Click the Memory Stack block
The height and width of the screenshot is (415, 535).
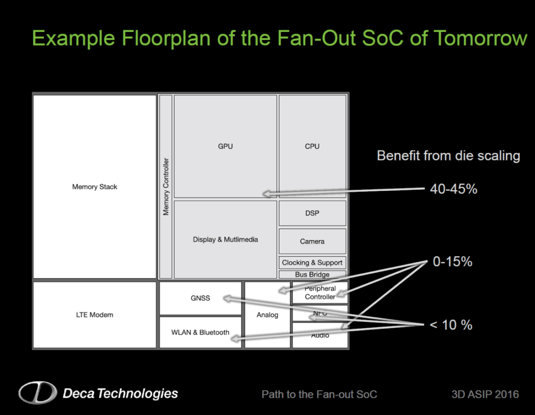[95, 187]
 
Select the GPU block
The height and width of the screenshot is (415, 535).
[225, 146]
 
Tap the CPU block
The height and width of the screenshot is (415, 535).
[312, 146]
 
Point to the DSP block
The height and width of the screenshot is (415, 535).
[312, 213]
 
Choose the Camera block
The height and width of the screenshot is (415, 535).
[312, 241]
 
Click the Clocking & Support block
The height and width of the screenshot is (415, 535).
[312, 262]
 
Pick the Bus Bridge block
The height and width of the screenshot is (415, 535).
[312, 274]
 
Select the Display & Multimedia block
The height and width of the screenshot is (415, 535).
[225, 239]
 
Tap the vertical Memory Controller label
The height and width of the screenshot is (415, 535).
[166, 187]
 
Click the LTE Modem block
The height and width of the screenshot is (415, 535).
[95, 315]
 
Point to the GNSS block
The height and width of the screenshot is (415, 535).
[200, 298]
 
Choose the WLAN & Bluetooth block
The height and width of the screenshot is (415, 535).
[200, 332]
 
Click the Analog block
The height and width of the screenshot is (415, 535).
[267, 315]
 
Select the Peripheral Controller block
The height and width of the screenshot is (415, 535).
[320, 293]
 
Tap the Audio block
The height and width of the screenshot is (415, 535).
[320, 336]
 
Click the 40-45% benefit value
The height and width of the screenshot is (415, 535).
[453, 189]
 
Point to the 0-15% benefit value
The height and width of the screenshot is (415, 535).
[452, 262]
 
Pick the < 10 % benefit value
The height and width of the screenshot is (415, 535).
[451, 325]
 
